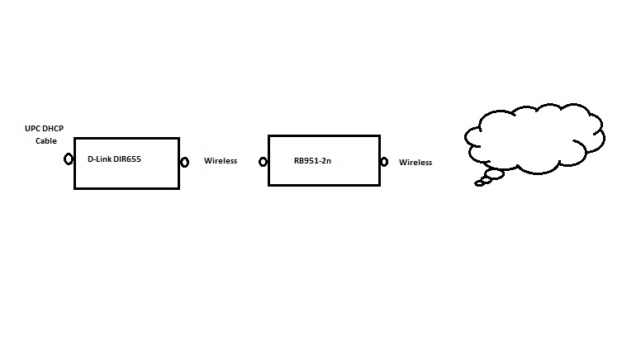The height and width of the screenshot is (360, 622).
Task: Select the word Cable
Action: [x=45, y=141]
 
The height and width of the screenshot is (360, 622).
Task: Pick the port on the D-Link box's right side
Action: [x=185, y=161]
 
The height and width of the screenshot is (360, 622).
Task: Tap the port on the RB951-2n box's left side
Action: [x=264, y=163]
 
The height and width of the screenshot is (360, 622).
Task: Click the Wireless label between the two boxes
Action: [x=221, y=161]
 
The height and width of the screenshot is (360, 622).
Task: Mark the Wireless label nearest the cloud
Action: [x=415, y=163]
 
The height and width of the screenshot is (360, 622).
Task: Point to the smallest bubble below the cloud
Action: [x=479, y=183]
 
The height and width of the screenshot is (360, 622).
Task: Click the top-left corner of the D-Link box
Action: [x=74, y=138]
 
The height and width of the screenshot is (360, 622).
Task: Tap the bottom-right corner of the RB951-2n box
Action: [x=379, y=185]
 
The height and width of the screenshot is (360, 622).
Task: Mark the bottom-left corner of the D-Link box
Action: [x=74, y=188]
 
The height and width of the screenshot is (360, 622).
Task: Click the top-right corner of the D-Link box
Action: [x=179, y=138]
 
